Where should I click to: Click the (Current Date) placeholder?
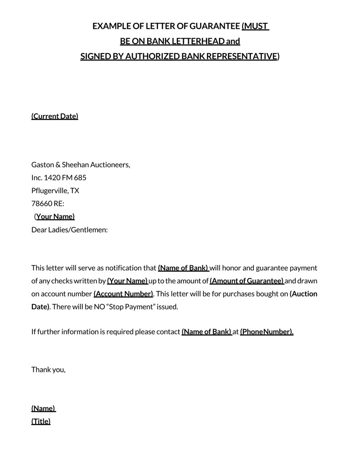pos(54,116)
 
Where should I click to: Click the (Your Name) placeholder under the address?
pos(55,216)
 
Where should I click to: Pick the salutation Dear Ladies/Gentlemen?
pos(69,230)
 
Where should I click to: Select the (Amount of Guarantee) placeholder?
pos(247,281)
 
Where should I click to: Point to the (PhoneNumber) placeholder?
pos(266,332)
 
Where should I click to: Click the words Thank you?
pos(48,370)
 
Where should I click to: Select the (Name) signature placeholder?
pos(43,408)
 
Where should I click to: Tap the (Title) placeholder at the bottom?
pos(41,421)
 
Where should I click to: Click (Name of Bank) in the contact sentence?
pos(206,332)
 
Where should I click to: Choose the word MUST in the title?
pos(255,26)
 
